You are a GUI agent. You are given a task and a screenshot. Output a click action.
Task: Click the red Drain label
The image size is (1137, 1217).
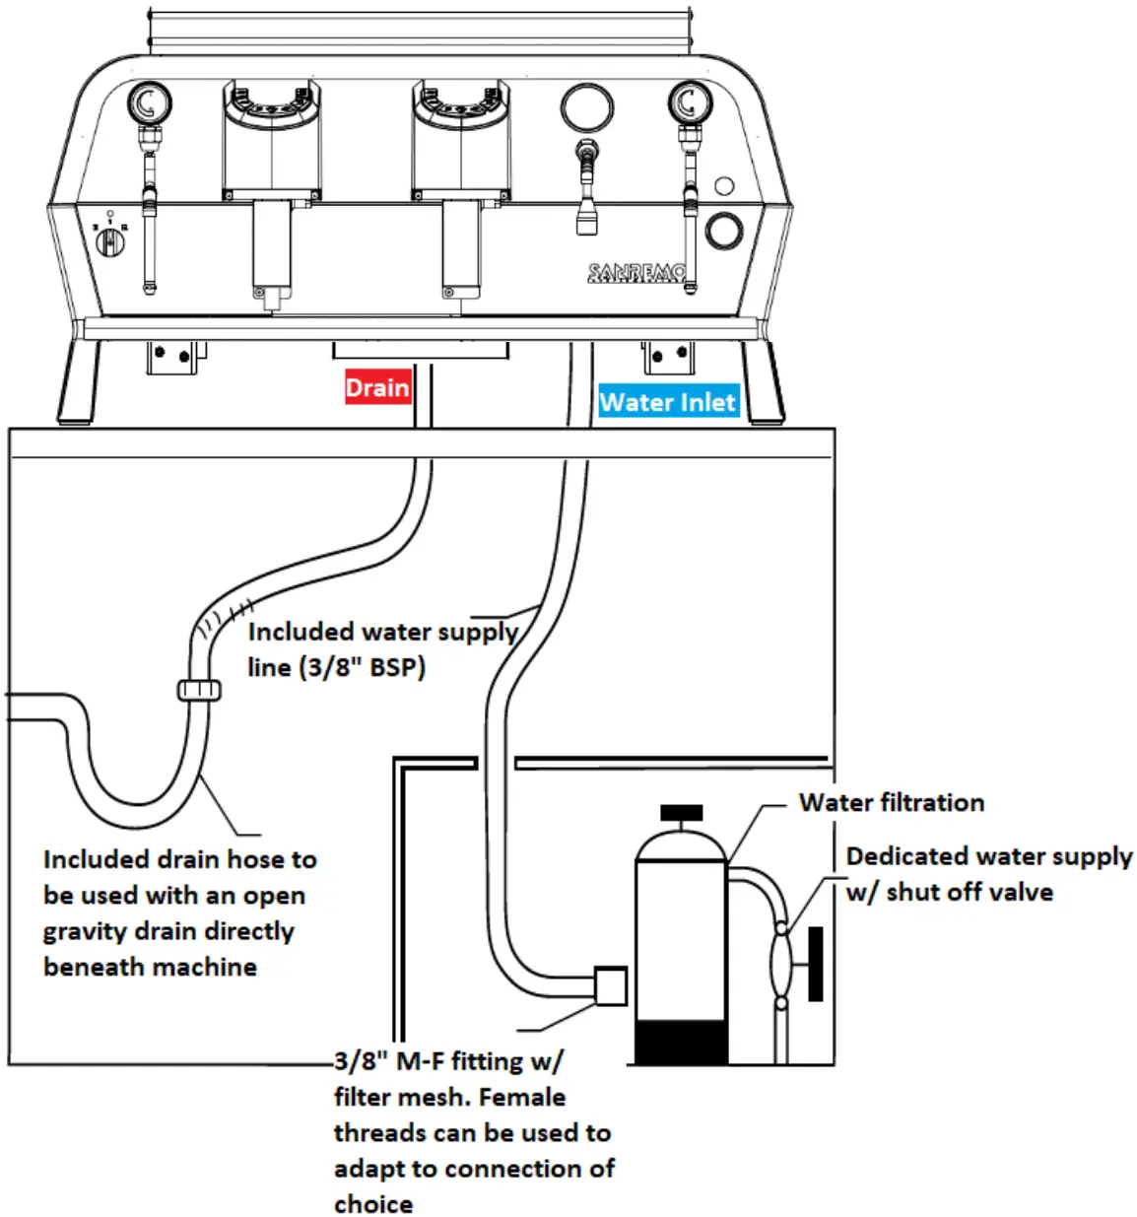pyautogui.click(x=377, y=387)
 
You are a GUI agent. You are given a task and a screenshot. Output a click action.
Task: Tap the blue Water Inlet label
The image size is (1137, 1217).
pyautogui.click(x=668, y=402)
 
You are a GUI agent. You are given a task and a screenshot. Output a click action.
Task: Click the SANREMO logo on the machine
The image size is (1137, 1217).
pyautogui.click(x=635, y=273)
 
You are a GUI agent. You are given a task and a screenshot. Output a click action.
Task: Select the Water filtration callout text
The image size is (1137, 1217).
pyautogui.click(x=891, y=802)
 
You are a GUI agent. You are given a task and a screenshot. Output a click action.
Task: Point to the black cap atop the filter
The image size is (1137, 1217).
pyautogui.click(x=681, y=813)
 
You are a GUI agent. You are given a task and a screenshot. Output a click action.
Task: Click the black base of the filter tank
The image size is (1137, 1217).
pyautogui.click(x=681, y=1043)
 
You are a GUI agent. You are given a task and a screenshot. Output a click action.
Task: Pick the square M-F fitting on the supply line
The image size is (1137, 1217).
pyautogui.click(x=611, y=984)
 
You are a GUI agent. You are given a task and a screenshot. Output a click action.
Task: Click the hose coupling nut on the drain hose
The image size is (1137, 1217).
pyautogui.click(x=200, y=690)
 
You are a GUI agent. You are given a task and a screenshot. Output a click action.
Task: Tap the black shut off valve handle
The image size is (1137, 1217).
pyautogui.click(x=815, y=963)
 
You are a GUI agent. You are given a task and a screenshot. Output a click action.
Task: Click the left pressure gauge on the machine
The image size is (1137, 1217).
pyautogui.click(x=149, y=102)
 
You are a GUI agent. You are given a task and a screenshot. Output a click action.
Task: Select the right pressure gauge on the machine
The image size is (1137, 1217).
pyautogui.click(x=689, y=101)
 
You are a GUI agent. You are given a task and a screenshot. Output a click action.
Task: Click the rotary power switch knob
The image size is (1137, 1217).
pyautogui.click(x=110, y=239)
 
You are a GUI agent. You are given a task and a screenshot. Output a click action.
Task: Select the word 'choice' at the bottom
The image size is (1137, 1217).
pyautogui.click(x=373, y=1203)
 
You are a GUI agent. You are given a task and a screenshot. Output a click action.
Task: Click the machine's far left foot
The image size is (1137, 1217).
pyautogui.click(x=81, y=382)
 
